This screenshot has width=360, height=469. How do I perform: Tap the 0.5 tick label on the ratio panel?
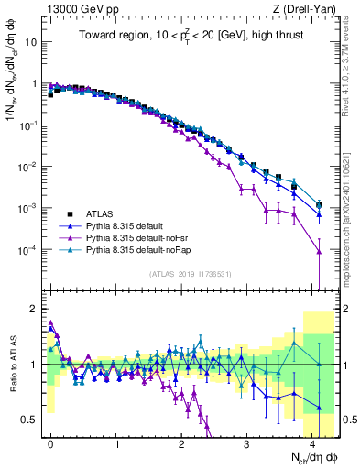pos(30,420)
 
